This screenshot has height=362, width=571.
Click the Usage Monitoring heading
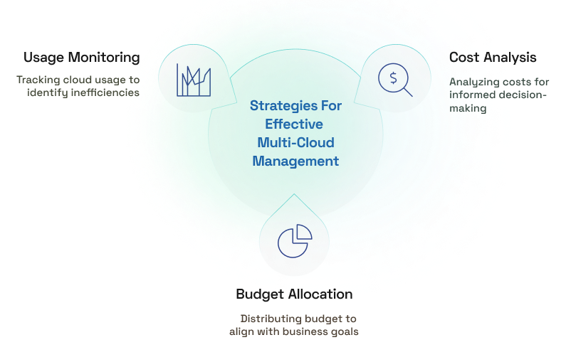[x=82, y=58]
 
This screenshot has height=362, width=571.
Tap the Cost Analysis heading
[x=493, y=58]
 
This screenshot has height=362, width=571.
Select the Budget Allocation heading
[x=294, y=294]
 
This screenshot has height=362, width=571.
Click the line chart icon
[x=194, y=80]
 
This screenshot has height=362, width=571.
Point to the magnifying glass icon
[x=395, y=80]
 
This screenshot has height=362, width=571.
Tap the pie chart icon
[x=295, y=241]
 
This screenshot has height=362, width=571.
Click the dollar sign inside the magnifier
[x=393, y=78]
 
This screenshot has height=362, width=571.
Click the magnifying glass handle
[x=408, y=92]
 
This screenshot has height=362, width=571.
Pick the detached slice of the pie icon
[x=305, y=231]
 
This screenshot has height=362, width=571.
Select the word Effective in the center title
[x=294, y=124]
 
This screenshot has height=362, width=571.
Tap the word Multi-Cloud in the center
[x=295, y=142]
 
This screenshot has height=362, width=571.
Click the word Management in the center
[x=295, y=161]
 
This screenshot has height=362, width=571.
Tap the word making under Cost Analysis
[x=468, y=108]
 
